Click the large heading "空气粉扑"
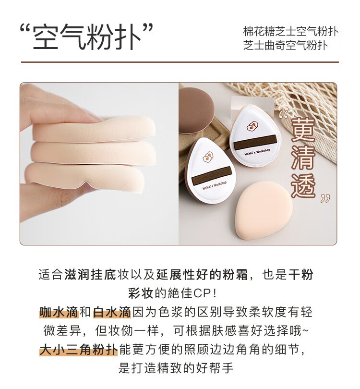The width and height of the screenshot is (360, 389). pyautogui.click(x=86, y=36)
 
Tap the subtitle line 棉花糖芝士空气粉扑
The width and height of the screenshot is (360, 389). pyautogui.click(x=290, y=32)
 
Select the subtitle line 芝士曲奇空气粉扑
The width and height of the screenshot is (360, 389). pyautogui.click(x=286, y=45)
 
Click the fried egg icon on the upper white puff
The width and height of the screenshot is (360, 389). pyautogui.click(x=252, y=126)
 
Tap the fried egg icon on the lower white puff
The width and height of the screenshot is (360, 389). pyautogui.click(x=208, y=157)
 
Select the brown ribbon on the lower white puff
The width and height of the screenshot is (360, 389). pyautogui.click(x=211, y=175)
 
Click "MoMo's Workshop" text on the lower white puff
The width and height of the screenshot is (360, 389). pyautogui.click(x=214, y=185)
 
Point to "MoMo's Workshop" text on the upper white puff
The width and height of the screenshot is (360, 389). pyautogui.click(x=257, y=152)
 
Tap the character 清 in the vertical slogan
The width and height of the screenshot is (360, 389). pyautogui.click(x=303, y=157)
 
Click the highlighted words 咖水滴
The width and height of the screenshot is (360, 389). pyautogui.click(x=59, y=312)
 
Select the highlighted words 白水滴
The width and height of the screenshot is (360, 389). pyautogui.click(x=112, y=312)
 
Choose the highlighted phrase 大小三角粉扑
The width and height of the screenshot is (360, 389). pyautogui.click(x=78, y=349)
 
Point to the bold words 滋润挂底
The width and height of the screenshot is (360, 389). pyautogui.click(x=91, y=275)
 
